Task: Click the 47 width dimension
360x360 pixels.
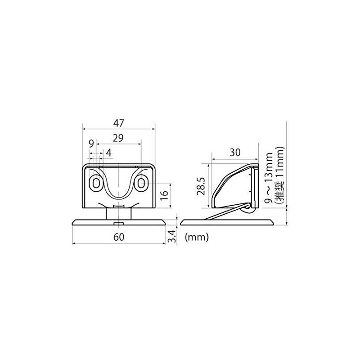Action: pyautogui.click(x=119, y=123)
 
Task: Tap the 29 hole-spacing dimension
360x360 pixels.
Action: pyautogui.click(x=118, y=138)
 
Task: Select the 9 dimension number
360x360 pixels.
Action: pyautogui.click(x=91, y=144)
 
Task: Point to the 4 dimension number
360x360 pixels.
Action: pyautogui.click(x=109, y=153)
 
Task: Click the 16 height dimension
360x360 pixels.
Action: pyautogui.click(x=165, y=195)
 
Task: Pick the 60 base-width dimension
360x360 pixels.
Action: pyautogui.click(x=119, y=237)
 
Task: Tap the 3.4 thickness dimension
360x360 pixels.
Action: pyautogui.click(x=172, y=237)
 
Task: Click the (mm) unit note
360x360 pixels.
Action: pyautogui.click(x=197, y=237)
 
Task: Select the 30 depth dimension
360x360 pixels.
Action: pyautogui.click(x=234, y=153)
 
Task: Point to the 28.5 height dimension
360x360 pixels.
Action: pyautogui.click(x=201, y=186)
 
